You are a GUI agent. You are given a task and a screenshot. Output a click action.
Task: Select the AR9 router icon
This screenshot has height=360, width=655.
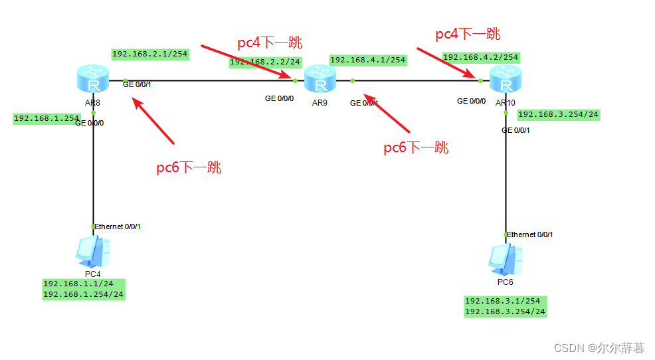click(321, 81)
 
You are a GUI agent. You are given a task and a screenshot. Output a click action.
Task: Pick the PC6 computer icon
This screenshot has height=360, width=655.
click(504, 259)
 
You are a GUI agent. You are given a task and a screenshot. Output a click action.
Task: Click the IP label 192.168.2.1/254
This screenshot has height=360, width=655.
click(149, 54)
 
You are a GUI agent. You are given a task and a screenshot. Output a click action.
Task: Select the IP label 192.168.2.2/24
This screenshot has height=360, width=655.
click(265, 62)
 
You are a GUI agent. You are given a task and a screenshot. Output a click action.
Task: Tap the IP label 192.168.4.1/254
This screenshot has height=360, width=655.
click(367, 60)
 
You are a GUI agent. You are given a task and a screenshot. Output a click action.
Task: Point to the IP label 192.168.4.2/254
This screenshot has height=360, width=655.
click(480, 57)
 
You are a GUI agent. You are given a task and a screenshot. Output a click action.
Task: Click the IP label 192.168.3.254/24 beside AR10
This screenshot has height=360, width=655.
click(558, 114)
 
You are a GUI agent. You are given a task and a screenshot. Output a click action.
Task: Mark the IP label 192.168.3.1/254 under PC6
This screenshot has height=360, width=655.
click(503, 301)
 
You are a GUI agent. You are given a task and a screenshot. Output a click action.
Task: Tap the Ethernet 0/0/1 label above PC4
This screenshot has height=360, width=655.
click(118, 226)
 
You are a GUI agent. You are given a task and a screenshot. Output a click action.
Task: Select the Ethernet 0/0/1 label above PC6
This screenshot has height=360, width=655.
click(530, 234)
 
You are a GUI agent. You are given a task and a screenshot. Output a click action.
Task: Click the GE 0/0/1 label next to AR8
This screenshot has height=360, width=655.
click(137, 84)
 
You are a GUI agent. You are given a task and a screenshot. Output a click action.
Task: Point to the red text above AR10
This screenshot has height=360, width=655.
click(468, 34)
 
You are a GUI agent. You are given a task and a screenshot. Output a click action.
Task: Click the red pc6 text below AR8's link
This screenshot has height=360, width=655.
click(189, 167)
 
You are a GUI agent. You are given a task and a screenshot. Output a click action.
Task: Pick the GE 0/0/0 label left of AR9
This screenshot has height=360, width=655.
click(279, 98)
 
